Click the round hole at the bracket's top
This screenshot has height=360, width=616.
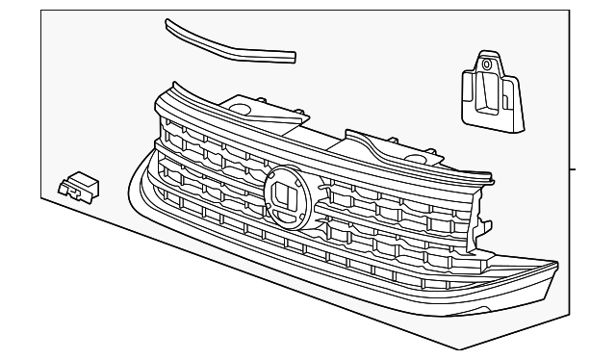click(487, 65)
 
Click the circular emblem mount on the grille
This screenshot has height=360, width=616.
click(288, 193)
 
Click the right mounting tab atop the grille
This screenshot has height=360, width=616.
click(404, 154)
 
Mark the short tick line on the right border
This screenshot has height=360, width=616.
click(575, 169)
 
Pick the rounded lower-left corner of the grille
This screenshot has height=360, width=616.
click(134, 192)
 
